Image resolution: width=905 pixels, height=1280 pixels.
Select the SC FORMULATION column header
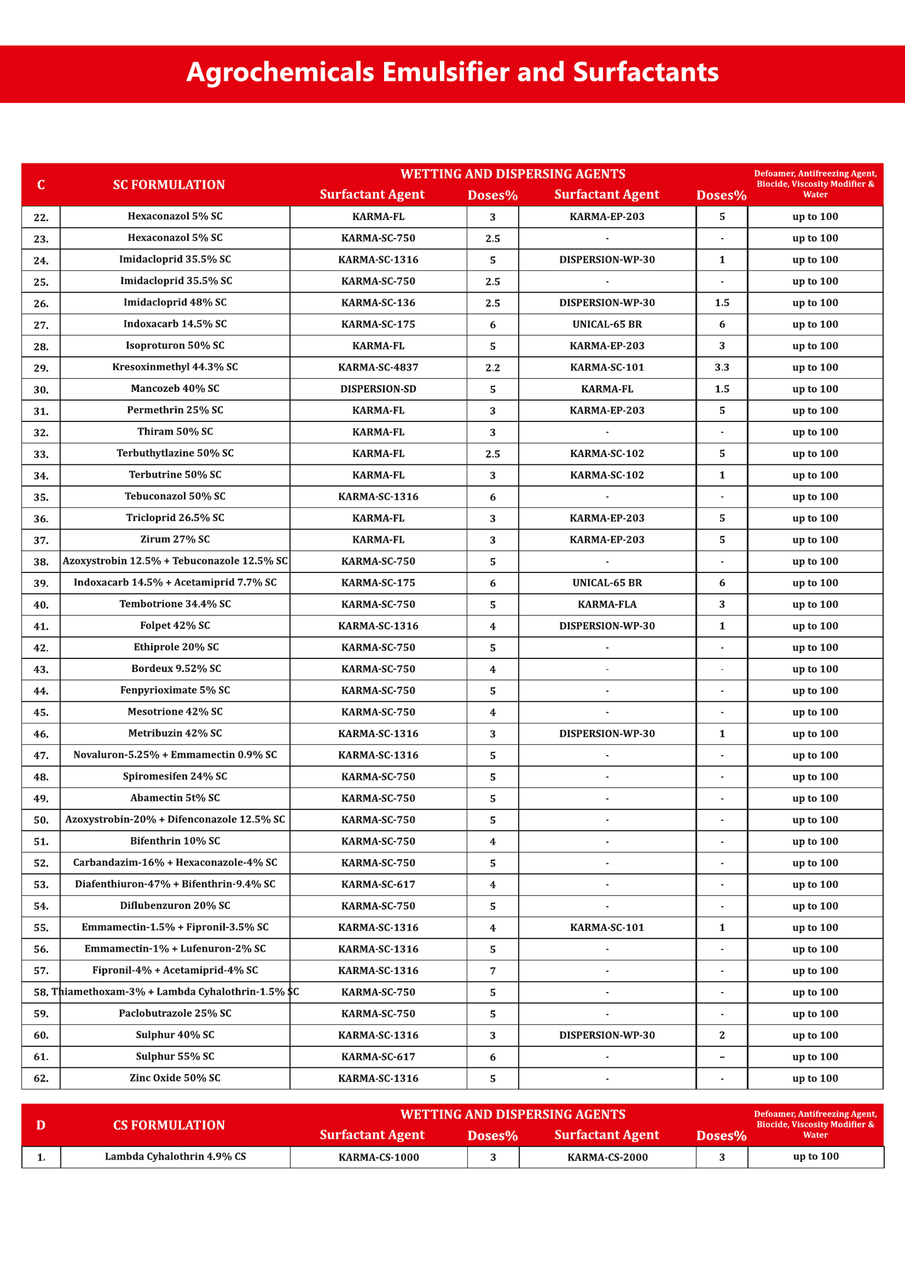point(169,185)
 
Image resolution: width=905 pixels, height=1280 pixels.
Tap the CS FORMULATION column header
point(169,1125)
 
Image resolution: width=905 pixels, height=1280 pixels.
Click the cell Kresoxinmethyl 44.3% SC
point(175,367)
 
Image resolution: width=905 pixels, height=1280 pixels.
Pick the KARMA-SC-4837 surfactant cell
point(378,368)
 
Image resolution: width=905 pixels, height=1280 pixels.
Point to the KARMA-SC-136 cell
point(378,303)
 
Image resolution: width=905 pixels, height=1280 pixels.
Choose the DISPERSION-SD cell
point(378,389)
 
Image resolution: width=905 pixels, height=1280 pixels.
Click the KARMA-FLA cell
point(607,605)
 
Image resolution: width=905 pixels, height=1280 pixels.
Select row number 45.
point(41,713)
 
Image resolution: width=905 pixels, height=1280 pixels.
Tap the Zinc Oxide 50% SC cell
point(175,1078)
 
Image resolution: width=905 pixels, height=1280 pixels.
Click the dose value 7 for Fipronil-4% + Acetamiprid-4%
point(493,971)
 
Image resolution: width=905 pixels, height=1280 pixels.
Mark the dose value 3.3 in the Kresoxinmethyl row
point(722,368)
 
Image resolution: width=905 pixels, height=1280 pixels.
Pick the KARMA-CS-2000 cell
point(607,1157)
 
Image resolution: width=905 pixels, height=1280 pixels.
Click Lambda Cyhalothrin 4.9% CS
point(175,1157)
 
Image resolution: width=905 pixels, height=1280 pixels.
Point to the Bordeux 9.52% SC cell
point(176,669)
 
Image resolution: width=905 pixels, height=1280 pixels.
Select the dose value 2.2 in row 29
point(493,368)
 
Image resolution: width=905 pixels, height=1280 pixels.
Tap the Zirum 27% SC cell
point(175,540)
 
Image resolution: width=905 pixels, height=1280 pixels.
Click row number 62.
point(41,1079)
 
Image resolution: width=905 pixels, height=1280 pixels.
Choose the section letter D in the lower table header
point(41,1125)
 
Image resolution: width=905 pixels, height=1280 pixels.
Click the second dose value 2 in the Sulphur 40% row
point(722,1035)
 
